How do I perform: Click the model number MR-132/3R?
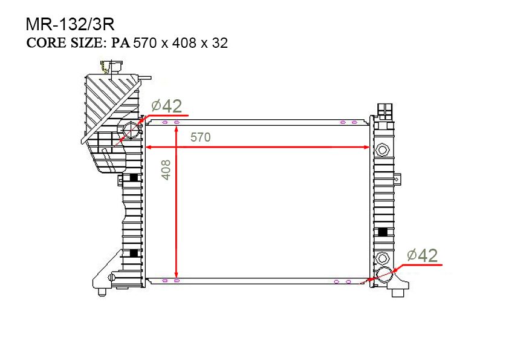pos(70,24)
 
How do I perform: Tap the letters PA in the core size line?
pos(121,44)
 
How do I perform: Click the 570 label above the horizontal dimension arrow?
pos(200,137)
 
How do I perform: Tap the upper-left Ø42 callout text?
pos(167,106)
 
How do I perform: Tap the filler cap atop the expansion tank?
pos(108,66)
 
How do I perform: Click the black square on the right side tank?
pos(383,232)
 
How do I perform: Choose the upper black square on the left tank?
pos(134,178)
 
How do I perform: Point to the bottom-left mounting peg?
pos(102,292)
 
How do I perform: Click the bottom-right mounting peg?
pos(398,293)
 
